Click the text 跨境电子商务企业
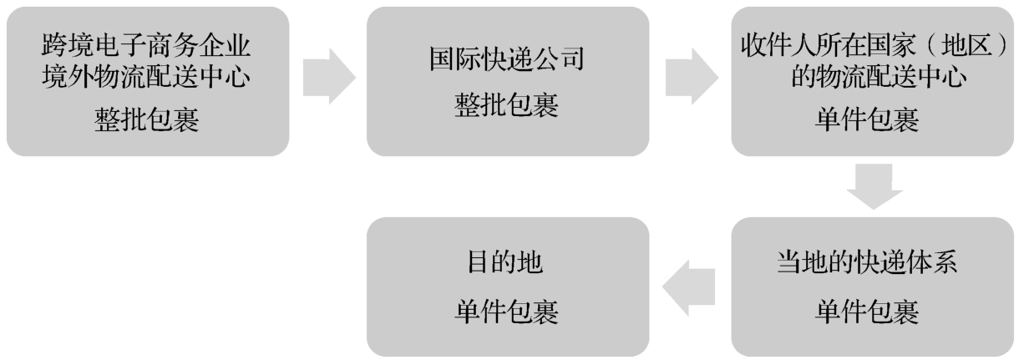click(147, 44)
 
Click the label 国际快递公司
click(507, 63)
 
